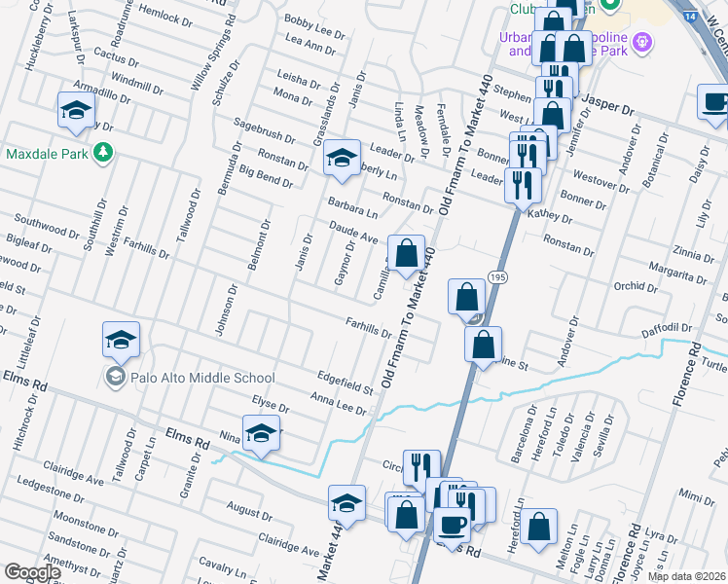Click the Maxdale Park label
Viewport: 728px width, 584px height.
(46, 154)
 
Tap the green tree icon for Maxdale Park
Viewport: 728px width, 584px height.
(101, 154)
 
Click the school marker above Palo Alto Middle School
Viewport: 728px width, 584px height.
(121, 340)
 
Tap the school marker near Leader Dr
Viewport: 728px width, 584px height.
(342, 158)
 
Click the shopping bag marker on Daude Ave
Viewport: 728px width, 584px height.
(406, 254)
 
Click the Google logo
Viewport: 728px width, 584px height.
(32, 572)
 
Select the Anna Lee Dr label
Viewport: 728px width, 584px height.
(338, 404)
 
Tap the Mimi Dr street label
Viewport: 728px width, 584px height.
(697, 497)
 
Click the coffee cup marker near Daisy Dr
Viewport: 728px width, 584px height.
(714, 102)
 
